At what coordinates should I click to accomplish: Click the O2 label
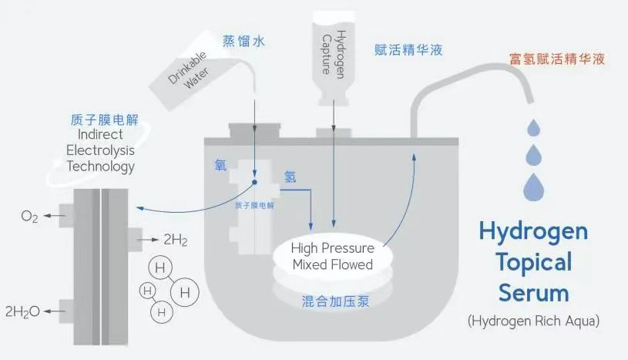(29, 217)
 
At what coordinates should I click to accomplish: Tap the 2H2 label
(176, 240)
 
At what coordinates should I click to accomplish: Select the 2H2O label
(22, 311)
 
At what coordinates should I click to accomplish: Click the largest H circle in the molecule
(185, 292)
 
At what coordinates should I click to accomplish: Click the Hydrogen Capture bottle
(333, 59)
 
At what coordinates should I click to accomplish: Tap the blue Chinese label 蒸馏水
(243, 41)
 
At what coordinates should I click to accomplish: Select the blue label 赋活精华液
(408, 49)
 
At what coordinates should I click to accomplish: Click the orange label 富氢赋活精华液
(556, 59)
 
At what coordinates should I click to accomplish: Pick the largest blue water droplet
(533, 187)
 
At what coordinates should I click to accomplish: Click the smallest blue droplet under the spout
(533, 128)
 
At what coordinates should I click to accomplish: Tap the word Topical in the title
(534, 263)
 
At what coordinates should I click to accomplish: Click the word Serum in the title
(533, 293)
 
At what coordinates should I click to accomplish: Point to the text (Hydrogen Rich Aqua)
(533, 321)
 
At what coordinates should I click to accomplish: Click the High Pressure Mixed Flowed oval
(333, 257)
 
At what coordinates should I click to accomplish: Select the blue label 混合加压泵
(335, 301)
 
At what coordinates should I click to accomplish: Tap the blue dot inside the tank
(254, 183)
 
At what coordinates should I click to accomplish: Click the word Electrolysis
(100, 150)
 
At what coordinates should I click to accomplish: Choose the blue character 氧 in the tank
(220, 165)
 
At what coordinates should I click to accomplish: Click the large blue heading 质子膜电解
(105, 119)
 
